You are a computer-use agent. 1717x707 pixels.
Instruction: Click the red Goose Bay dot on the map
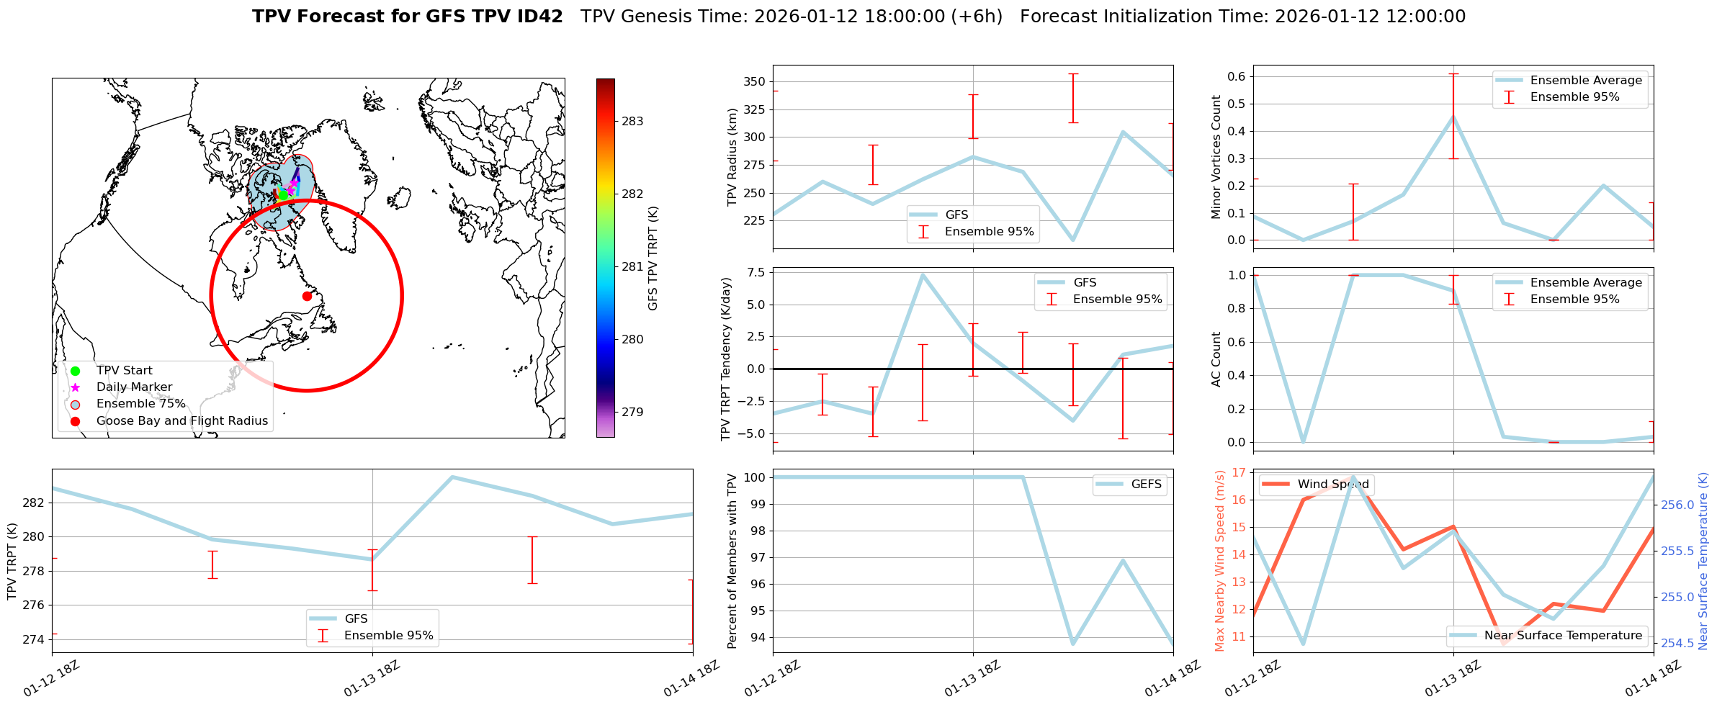[x=307, y=296]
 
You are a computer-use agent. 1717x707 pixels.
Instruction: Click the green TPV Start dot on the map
[x=283, y=194]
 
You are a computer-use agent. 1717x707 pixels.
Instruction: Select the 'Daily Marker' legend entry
[x=134, y=387]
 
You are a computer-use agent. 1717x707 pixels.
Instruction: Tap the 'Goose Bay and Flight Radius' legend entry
[x=181, y=421]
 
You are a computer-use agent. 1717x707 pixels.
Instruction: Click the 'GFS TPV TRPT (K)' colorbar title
[x=653, y=258]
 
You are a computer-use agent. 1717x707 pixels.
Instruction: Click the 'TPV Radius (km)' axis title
[x=732, y=157]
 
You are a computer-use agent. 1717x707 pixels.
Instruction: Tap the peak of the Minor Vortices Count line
[x=1453, y=117]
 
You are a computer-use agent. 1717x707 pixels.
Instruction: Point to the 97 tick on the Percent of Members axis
[x=756, y=557]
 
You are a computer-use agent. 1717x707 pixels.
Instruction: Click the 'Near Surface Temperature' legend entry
[x=1563, y=636]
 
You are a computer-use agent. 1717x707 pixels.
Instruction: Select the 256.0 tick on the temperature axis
[x=1678, y=505]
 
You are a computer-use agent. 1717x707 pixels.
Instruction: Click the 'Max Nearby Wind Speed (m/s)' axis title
[x=1219, y=561]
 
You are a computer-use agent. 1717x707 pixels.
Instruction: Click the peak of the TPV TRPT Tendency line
[x=923, y=274]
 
